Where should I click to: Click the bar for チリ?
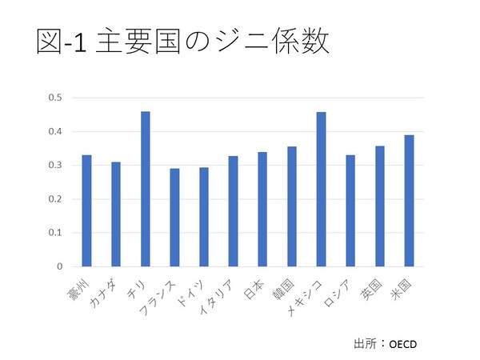[x=146, y=189]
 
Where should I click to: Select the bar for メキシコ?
[x=320, y=190]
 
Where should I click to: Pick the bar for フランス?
[x=174, y=218]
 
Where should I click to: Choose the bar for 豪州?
[x=87, y=210]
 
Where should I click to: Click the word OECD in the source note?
[x=403, y=344]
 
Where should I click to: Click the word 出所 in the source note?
[x=364, y=344]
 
